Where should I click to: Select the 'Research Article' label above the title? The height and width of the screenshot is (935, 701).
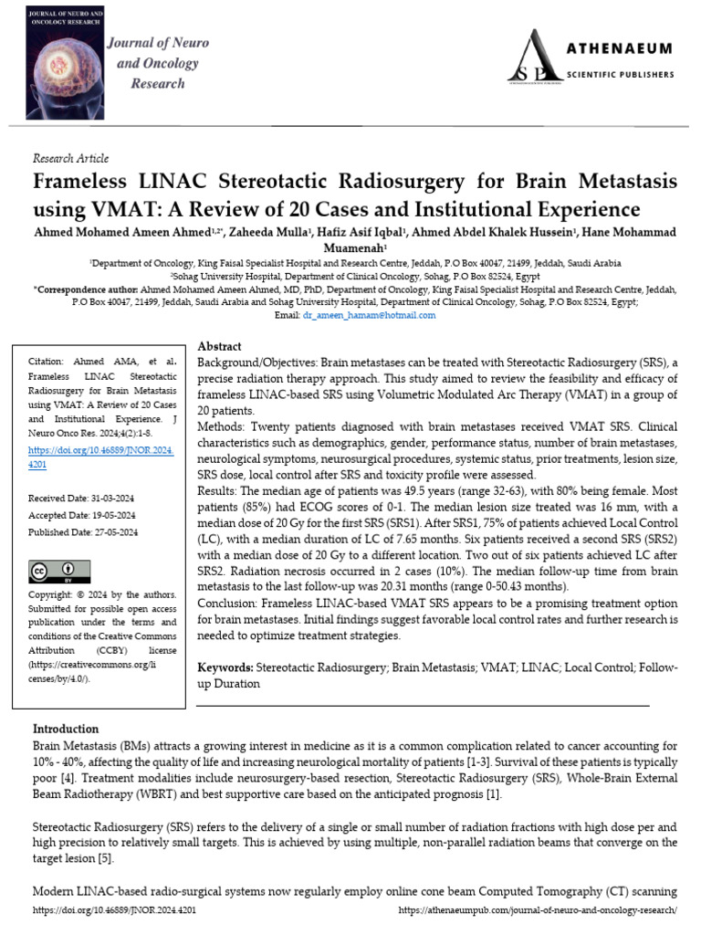point(70,159)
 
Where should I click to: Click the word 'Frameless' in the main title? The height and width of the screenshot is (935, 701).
point(87,182)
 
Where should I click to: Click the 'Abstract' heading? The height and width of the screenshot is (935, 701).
point(220,347)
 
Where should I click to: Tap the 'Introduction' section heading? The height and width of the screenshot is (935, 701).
point(66,729)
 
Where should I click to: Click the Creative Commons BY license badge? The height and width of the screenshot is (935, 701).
point(56,573)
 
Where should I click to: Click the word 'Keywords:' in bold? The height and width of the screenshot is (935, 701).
point(225,668)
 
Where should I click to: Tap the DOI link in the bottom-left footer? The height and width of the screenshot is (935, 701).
point(114,910)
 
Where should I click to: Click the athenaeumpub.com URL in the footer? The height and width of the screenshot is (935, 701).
point(538,910)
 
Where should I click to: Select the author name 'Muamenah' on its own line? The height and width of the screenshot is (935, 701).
point(354,247)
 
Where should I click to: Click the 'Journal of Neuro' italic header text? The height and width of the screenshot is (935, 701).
point(159,43)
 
